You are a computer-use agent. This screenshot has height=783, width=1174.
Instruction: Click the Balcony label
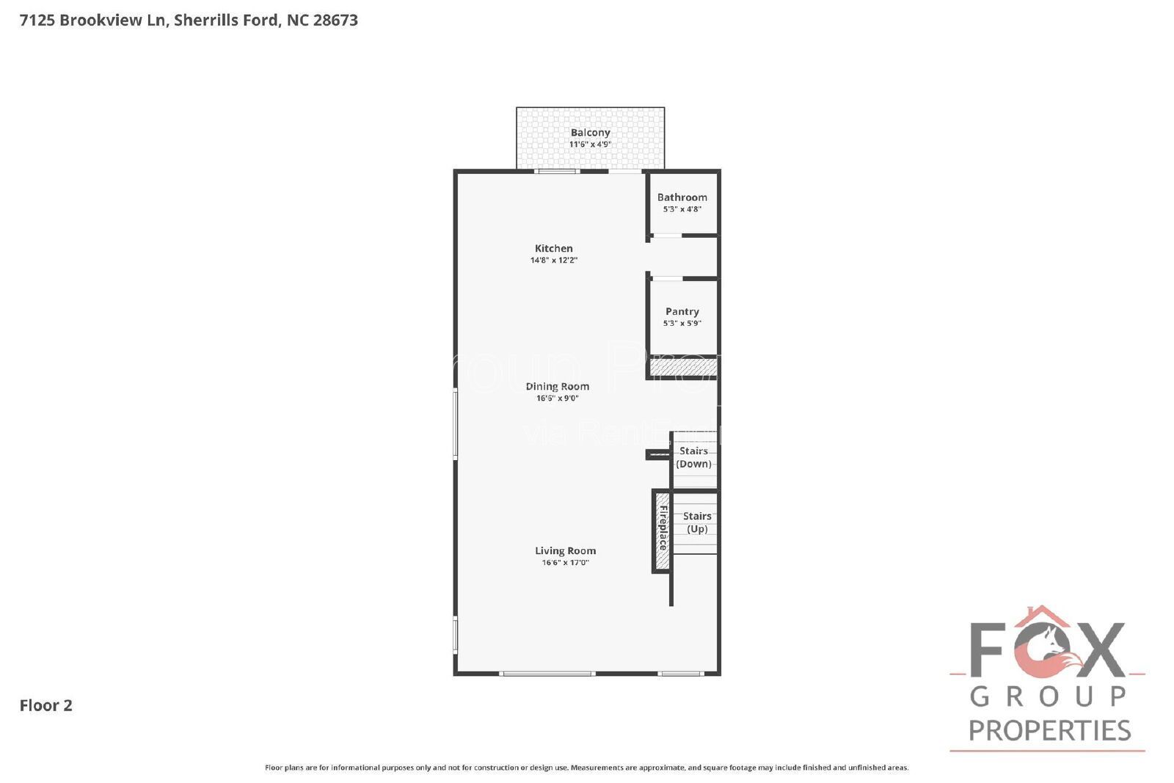pos(590,133)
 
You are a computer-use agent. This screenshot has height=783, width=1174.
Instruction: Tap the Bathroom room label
pos(682,197)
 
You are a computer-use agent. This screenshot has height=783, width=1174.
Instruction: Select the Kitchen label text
pos(553,249)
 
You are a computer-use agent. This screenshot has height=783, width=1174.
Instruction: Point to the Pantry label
pos(682,312)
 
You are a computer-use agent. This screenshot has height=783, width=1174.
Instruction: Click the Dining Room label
pos(557,387)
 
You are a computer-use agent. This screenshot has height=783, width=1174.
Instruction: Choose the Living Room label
pos(565,551)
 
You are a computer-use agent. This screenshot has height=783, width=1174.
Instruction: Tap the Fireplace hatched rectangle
pos(663,529)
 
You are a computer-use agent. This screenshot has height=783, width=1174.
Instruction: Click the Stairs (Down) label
pos(693,457)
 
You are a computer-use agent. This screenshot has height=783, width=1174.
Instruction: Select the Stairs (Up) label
pos(696,522)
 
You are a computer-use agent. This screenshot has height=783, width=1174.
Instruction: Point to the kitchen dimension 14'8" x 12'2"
pos(554,261)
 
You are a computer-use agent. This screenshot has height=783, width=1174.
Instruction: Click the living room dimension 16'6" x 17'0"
pos(565,563)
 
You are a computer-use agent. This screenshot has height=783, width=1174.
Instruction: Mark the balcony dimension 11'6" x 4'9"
pos(590,145)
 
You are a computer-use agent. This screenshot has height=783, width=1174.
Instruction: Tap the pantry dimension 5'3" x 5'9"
pos(682,324)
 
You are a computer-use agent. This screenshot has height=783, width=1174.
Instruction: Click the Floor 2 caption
pos(45,706)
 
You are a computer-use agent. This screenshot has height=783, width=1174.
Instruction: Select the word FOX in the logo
pos(1047,649)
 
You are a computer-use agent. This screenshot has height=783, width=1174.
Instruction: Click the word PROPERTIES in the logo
pos(1049,731)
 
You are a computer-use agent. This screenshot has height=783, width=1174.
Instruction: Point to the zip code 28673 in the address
pos(335,21)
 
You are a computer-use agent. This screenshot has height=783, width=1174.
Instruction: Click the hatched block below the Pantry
pos(682,367)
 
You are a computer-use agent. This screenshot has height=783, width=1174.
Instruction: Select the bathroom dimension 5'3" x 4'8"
pos(682,209)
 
